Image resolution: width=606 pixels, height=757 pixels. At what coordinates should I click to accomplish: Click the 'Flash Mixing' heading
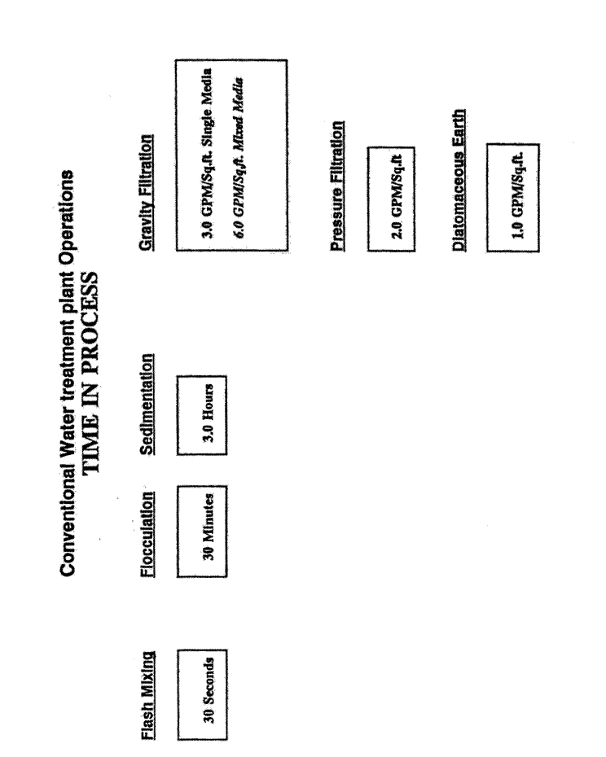tap(148, 695)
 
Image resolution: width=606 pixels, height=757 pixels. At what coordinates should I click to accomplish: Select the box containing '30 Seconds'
tap(201, 694)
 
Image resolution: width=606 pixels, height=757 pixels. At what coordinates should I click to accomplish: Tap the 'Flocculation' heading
tap(148, 534)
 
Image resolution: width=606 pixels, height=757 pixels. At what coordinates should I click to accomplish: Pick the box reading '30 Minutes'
tap(201, 531)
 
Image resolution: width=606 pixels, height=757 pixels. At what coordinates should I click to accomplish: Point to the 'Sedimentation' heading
tap(148, 405)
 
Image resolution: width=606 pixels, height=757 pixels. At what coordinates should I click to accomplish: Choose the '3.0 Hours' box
tap(201, 415)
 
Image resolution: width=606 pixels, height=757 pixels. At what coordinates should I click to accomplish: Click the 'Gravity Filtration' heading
tap(147, 192)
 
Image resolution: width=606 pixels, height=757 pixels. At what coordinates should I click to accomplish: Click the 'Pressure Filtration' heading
tap(337, 186)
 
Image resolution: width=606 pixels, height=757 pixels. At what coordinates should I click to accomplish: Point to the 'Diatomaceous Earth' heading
tap(459, 180)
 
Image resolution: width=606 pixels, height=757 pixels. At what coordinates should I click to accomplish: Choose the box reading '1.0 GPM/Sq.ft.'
tap(512, 198)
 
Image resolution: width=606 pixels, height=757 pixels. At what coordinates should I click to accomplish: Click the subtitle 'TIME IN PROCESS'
tap(90, 372)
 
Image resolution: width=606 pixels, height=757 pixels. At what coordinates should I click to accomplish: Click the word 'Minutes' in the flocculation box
tap(209, 519)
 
